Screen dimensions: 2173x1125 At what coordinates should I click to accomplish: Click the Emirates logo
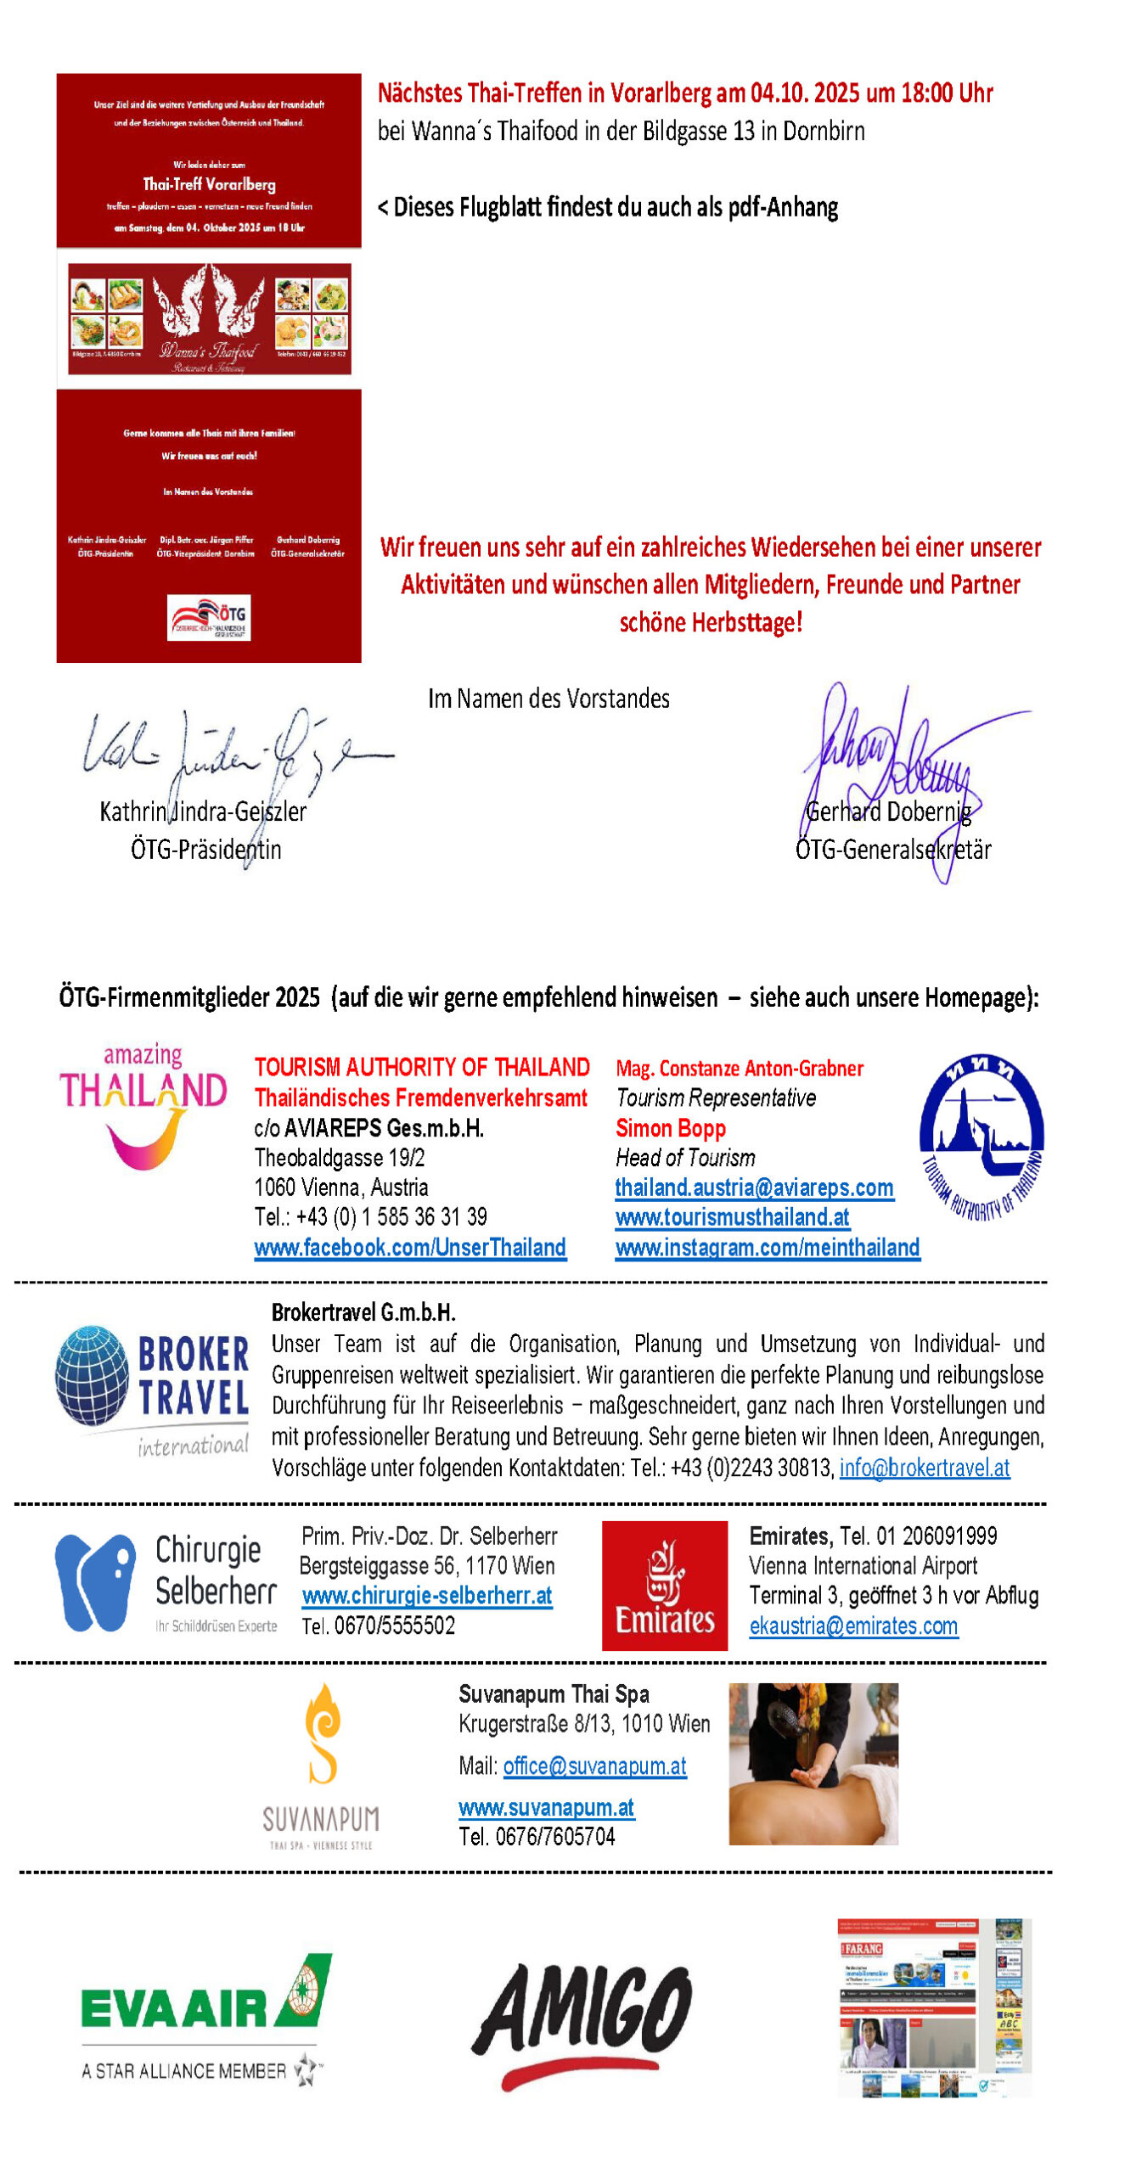click(x=664, y=1585)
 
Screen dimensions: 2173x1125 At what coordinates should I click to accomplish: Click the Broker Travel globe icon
click(x=93, y=1375)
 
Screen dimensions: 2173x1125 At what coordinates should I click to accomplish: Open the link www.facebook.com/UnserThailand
click(x=410, y=1247)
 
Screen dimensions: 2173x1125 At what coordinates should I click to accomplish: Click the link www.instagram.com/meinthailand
click(x=768, y=1247)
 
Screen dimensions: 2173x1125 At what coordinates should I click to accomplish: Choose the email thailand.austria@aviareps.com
click(x=754, y=1188)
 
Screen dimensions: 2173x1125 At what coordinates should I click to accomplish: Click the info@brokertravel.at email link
click(x=925, y=1468)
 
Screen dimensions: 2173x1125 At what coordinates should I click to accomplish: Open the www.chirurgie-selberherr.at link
click(x=427, y=1596)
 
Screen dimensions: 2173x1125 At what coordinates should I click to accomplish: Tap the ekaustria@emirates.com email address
click(x=853, y=1626)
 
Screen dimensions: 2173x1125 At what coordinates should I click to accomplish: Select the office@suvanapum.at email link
click(x=594, y=1766)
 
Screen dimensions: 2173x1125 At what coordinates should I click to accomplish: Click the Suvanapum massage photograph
click(x=813, y=1763)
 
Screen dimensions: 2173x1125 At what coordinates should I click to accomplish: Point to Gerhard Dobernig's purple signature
click(x=900, y=764)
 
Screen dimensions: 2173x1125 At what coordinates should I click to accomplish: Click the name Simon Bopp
click(x=671, y=1128)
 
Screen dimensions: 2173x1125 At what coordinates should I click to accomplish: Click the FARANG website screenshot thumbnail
click(x=934, y=2007)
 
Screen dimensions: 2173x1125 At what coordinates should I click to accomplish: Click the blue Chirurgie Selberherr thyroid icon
click(x=94, y=1582)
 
